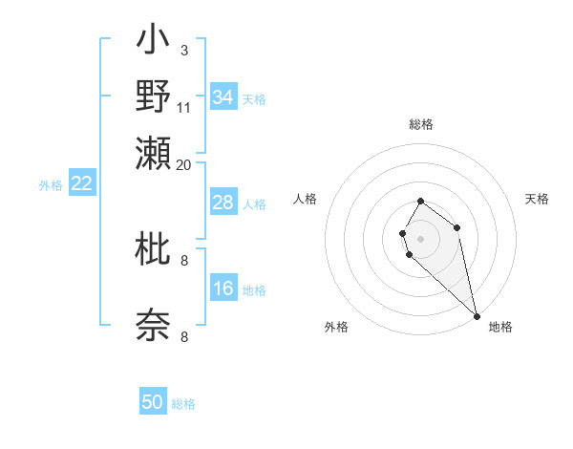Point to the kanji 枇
pyautogui.click(x=153, y=249)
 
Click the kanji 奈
pyautogui.click(x=153, y=325)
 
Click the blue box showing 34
pyautogui.click(x=223, y=97)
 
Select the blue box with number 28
pyautogui.click(x=223, y=203)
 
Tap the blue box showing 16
pyautogui.click(x=223, y=289)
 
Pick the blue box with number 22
pyautogui.click(x=81, y=184)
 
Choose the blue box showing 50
pyautogui.click(x=152, y=403)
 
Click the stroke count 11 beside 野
pyautogui.click(x=184, y=107)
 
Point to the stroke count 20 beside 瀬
pyautogui.click(x=184, y=164)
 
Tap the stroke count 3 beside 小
pyautogui.click(x=184, y=50)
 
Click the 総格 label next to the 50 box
pyautogui.click(x=183, y=404)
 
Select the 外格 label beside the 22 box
pyautogui.click(x=51, y=185)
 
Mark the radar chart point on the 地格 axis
pyautogui.click(x=477, y=316)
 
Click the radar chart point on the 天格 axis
pyautogui.click(x=456, y=227)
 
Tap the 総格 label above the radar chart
pyautogui.click(x=420, y=124)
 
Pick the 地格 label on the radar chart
pyautogui.click(x=500, y=328)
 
